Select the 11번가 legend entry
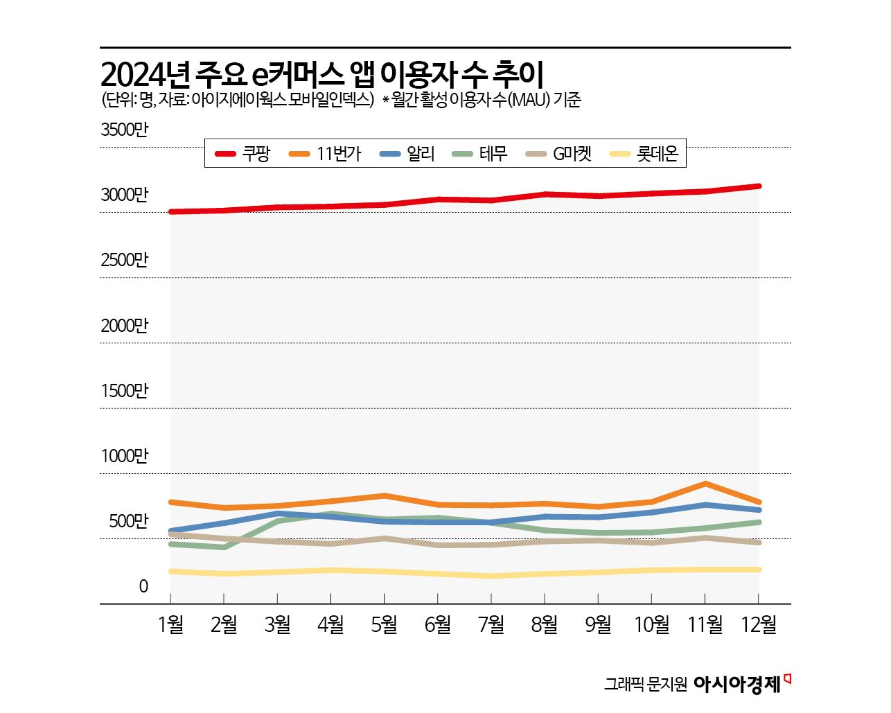[324, 154]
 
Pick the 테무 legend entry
[480, 154]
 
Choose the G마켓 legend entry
[559, 154]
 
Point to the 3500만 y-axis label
[125, 130]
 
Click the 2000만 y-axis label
[125, 326]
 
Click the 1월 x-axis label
[170, 625]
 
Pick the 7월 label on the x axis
[491, 625]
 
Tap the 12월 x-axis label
[759, 625]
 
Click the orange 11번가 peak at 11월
[705, 484]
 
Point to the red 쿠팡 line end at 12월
[759, 186]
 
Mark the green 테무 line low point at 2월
[224, 547]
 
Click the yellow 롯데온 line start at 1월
[171, 572]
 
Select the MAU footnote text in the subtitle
[482, 100]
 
